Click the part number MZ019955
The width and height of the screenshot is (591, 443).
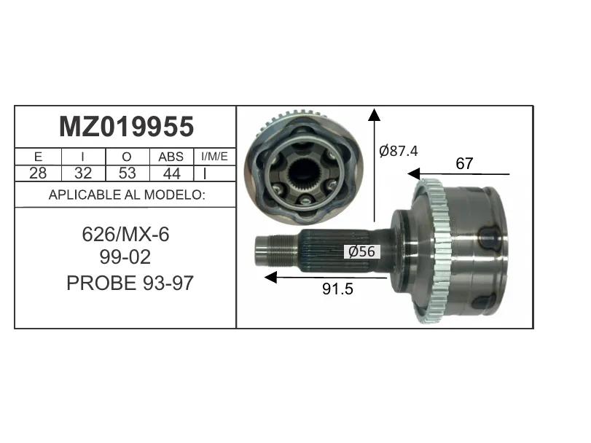coord(126,127)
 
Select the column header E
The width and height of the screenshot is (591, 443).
coord(38,157)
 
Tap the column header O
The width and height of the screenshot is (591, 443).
coord(127,157)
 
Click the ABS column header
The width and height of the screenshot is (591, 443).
coord(171,157)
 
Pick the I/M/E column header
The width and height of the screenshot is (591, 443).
coord(214,157)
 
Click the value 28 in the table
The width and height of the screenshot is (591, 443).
coord(38,173)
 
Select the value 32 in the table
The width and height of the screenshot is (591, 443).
coord(83,173)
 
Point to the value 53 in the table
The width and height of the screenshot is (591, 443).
coord(127,173)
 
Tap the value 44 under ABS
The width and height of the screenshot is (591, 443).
coord(171,173)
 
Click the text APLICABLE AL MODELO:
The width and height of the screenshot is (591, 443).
coord(127,195)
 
